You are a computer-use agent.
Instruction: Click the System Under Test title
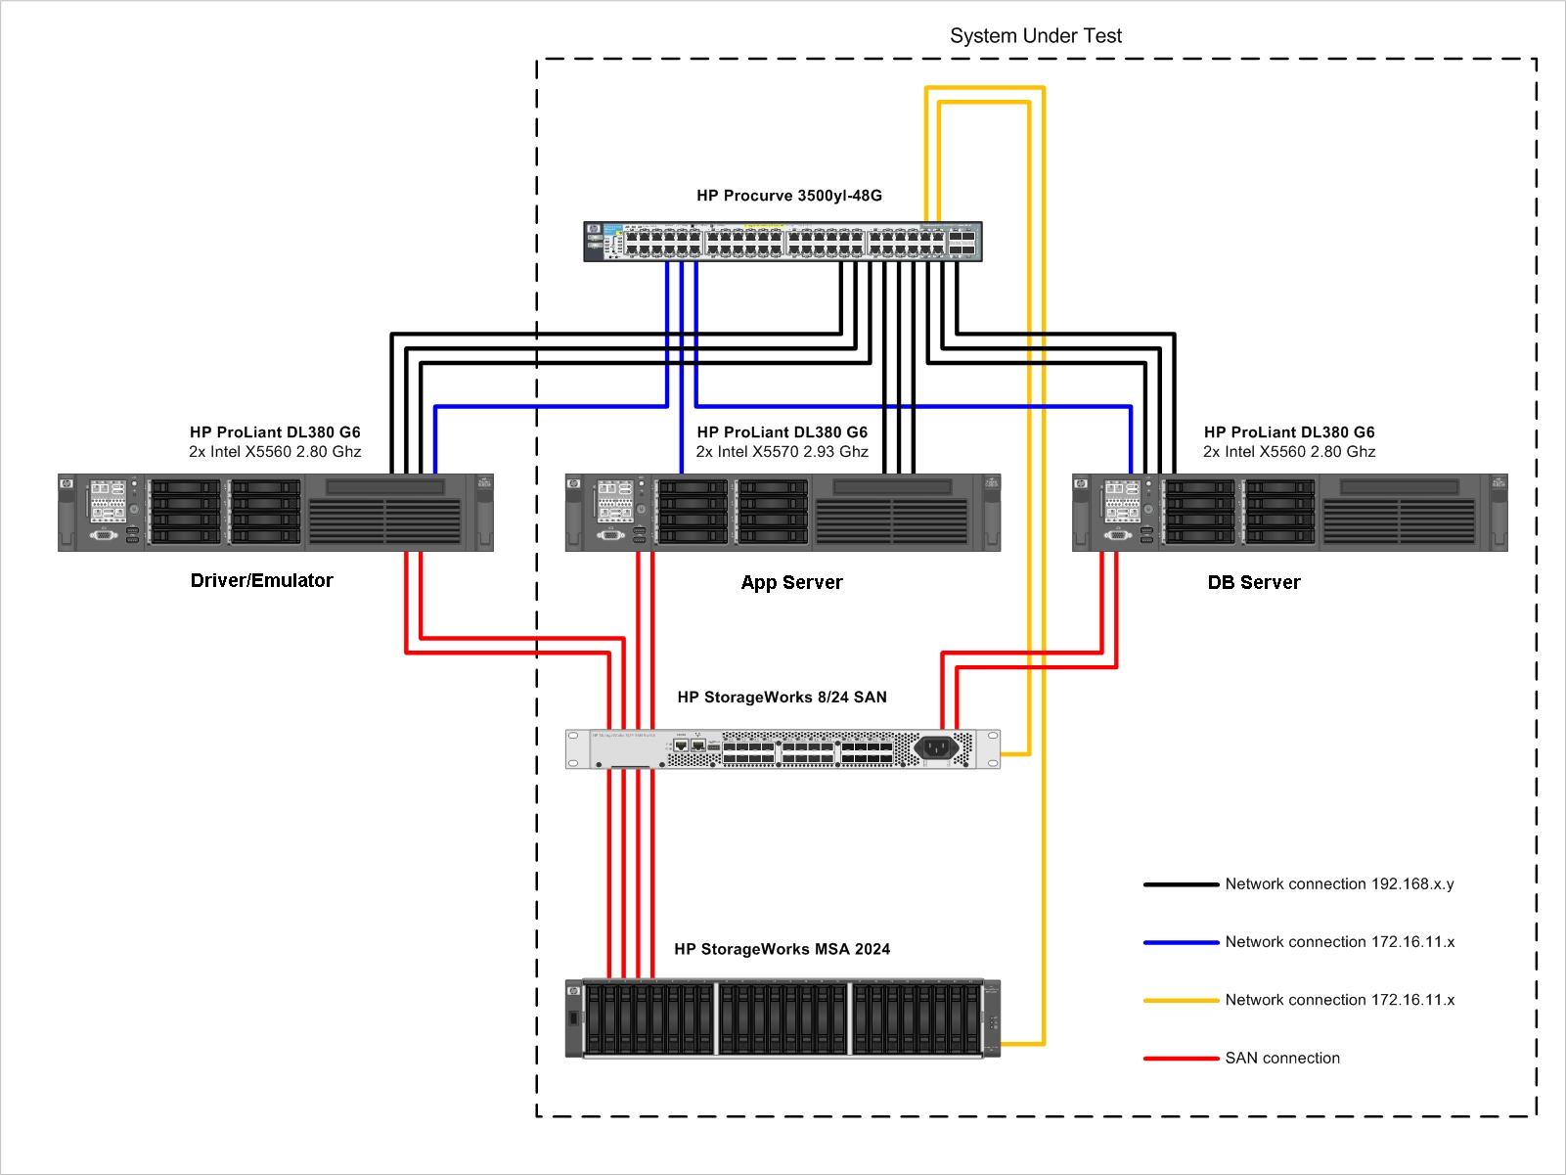click(1036, 36)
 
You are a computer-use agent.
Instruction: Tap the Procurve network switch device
click(783, 242)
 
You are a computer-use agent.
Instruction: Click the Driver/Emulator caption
click(261, 581)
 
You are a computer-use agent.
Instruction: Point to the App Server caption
click(791, 583)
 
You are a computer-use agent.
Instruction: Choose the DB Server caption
click(1254, 583)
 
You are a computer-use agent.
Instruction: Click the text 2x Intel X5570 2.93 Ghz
click(782, 452)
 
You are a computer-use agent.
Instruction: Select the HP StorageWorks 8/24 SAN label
click(782, 698)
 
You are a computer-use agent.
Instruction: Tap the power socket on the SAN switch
click(936, 748)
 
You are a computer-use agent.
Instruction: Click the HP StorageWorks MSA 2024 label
click(782, 949)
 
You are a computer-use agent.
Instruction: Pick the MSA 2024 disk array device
click(783, 1017)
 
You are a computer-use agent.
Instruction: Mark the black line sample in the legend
click(1181, 884)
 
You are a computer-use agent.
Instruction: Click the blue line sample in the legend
click(1181, 942)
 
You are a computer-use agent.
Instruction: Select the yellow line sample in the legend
click(1181, 1000)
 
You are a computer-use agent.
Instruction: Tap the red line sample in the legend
click(1181, 1058)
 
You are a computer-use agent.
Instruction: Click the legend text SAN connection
click(1282, 1058)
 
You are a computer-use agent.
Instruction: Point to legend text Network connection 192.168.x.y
click(1339, 884)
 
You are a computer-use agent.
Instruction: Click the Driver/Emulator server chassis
click(275, 513)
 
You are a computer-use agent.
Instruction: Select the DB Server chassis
click(1289, 513)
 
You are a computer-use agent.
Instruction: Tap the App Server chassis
click(783, 513)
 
